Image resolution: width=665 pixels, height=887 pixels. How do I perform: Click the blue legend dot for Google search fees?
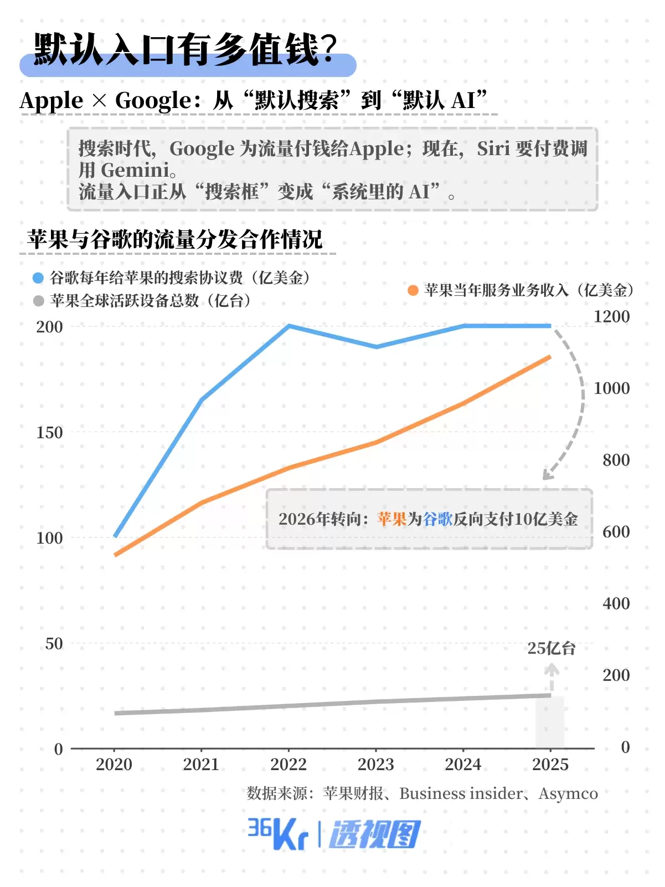tap(38, 278)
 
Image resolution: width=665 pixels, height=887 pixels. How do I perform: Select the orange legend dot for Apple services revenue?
tap(413, 290)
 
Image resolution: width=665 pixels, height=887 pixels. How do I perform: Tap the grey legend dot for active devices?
tap(38, 301)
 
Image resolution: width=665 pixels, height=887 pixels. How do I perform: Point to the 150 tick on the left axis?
tap(49, 432)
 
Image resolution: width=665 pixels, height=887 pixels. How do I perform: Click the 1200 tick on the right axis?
tap(611, 316)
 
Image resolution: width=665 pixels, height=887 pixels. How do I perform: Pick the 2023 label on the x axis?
tap(375, 765)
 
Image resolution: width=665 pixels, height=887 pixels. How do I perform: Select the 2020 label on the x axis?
tap(114, 765)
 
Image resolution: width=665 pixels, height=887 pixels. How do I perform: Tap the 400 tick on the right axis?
tap(616, 603)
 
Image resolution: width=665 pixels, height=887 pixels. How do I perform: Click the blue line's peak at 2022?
tap(288, 326)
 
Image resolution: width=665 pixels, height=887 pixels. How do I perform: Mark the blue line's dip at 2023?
tap(376, 347)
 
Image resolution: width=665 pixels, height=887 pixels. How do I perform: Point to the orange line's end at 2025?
tap(550, 357)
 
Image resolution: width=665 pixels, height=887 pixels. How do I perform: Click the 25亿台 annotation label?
tap(551, 648)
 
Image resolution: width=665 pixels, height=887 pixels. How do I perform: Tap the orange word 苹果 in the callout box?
tap(392, 519)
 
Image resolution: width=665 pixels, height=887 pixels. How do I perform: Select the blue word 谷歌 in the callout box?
tap(437, 519)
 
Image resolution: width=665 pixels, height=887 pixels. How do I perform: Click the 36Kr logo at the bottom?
tap(277, 833)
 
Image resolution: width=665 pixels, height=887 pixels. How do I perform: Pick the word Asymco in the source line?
tap(568, 793)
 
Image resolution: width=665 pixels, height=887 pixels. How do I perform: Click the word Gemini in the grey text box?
tap(135, 170)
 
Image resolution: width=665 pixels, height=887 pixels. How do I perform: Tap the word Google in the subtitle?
tap(153, 100)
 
